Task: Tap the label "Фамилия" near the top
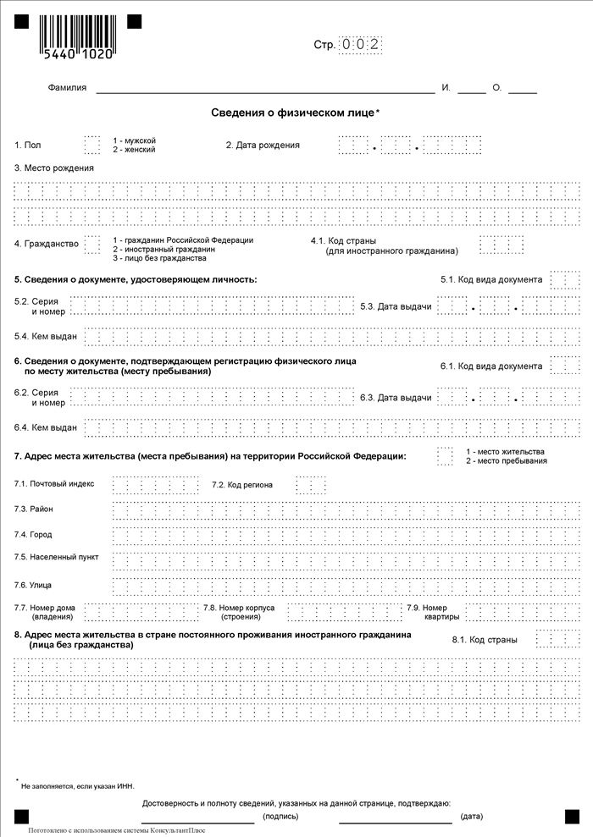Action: [67, 88]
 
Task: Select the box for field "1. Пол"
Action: [91, 144]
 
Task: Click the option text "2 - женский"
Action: [134, 150]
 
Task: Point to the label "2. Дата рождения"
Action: [263, 145]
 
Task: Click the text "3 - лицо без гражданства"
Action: [159, 258]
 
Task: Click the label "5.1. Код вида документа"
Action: [491, 279]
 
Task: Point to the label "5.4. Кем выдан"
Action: [46, 336]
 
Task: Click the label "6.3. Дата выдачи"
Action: [396, 397]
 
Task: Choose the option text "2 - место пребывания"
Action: [506, 461]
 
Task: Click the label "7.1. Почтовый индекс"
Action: [55, 483]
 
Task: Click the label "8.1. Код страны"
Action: [485, 640]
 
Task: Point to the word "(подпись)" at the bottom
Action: [280, 817]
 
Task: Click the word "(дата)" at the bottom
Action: [472, 817]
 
